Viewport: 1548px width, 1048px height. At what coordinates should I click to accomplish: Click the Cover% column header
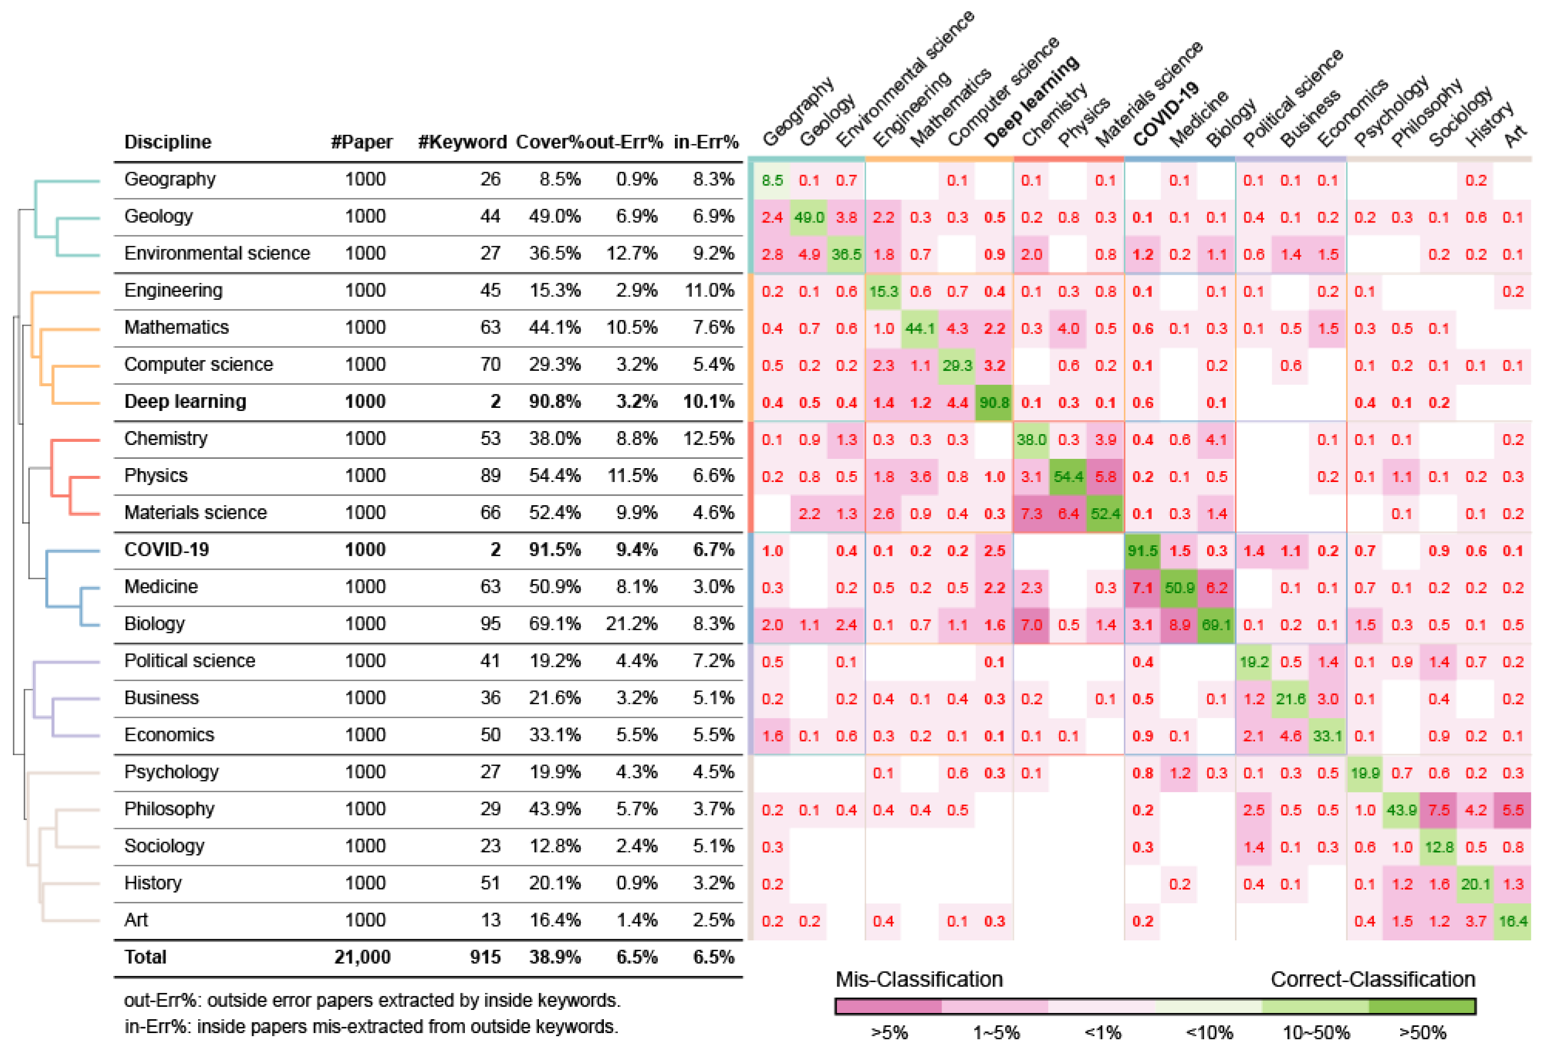549,142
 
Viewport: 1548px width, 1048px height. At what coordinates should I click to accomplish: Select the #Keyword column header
462,142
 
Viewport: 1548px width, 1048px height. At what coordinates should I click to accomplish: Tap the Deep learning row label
185,401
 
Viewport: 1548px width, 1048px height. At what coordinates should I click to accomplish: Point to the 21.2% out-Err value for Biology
632,624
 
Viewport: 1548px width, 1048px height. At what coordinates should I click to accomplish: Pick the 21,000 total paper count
362,957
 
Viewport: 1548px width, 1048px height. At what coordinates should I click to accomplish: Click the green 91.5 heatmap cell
1142,551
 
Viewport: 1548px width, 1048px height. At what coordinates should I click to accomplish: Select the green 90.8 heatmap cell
994,402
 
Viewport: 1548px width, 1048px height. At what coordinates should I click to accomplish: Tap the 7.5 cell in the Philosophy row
1439,810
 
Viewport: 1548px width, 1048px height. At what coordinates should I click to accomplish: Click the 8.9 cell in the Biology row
1179,625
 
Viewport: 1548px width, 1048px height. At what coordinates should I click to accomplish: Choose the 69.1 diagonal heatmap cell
1216,625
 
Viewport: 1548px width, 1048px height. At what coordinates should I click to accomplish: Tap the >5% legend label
889,1033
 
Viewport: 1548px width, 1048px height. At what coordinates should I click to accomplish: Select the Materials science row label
195,512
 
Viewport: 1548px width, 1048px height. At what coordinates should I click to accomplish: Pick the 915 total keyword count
485,957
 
